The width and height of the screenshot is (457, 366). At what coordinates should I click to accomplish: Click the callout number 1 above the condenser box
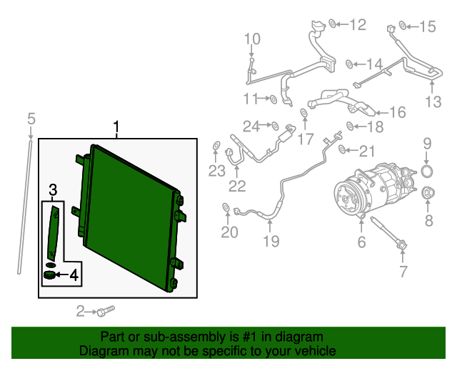[x=116, y=127]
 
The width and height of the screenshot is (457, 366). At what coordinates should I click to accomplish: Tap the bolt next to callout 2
[x=106, y=311]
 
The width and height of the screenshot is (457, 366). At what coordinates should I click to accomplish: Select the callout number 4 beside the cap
[x=74, y=275]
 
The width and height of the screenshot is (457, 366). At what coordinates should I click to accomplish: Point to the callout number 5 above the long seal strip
[x=31, y=119]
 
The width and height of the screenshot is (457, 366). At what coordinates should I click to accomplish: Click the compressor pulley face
[x=346, y=199]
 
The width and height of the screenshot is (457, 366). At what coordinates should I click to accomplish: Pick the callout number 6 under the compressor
[x=361, y=242]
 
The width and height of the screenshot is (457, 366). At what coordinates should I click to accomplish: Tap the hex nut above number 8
[x=428, y=192]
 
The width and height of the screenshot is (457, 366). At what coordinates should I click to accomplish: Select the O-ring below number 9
[x=427, y=172]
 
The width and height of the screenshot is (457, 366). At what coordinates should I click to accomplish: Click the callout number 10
[x=252, y=39]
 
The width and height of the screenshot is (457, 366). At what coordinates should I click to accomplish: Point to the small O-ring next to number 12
[x=332, y=24]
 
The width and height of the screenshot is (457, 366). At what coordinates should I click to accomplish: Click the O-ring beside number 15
[x=403, y=26]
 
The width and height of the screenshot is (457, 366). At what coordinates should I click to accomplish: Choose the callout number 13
[x=433, y=102]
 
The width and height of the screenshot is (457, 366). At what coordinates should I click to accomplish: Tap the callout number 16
[x=398, y=112]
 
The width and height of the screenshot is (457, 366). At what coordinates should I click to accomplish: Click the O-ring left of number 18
[x=350, y=126]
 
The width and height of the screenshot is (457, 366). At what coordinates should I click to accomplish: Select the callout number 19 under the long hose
[x=271, y=241]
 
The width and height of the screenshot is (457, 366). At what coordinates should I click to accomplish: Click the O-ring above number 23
[x=216, y=145]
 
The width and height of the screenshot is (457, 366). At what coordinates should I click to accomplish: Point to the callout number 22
[x=237, y=186]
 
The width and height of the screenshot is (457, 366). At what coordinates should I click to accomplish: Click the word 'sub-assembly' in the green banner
[x=186, y=337]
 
